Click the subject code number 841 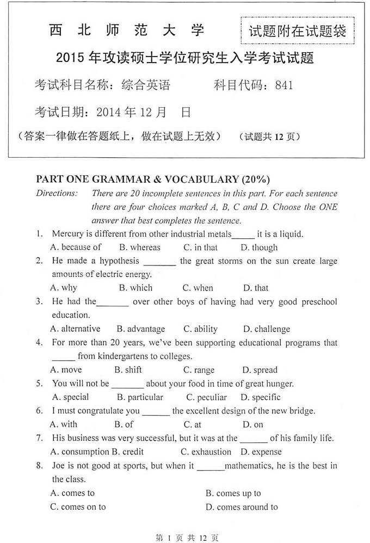[284, 85]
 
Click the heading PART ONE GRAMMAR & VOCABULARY [152, 179]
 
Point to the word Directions [57, 193]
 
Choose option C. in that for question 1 [200, 248]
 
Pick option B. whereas [140, 248]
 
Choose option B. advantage [140, 329]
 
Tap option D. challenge [266, 329]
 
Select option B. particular [140, 397]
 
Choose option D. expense [261, 452]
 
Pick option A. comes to [72, 493]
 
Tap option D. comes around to [242, 507]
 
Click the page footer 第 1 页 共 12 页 [187, 538]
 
